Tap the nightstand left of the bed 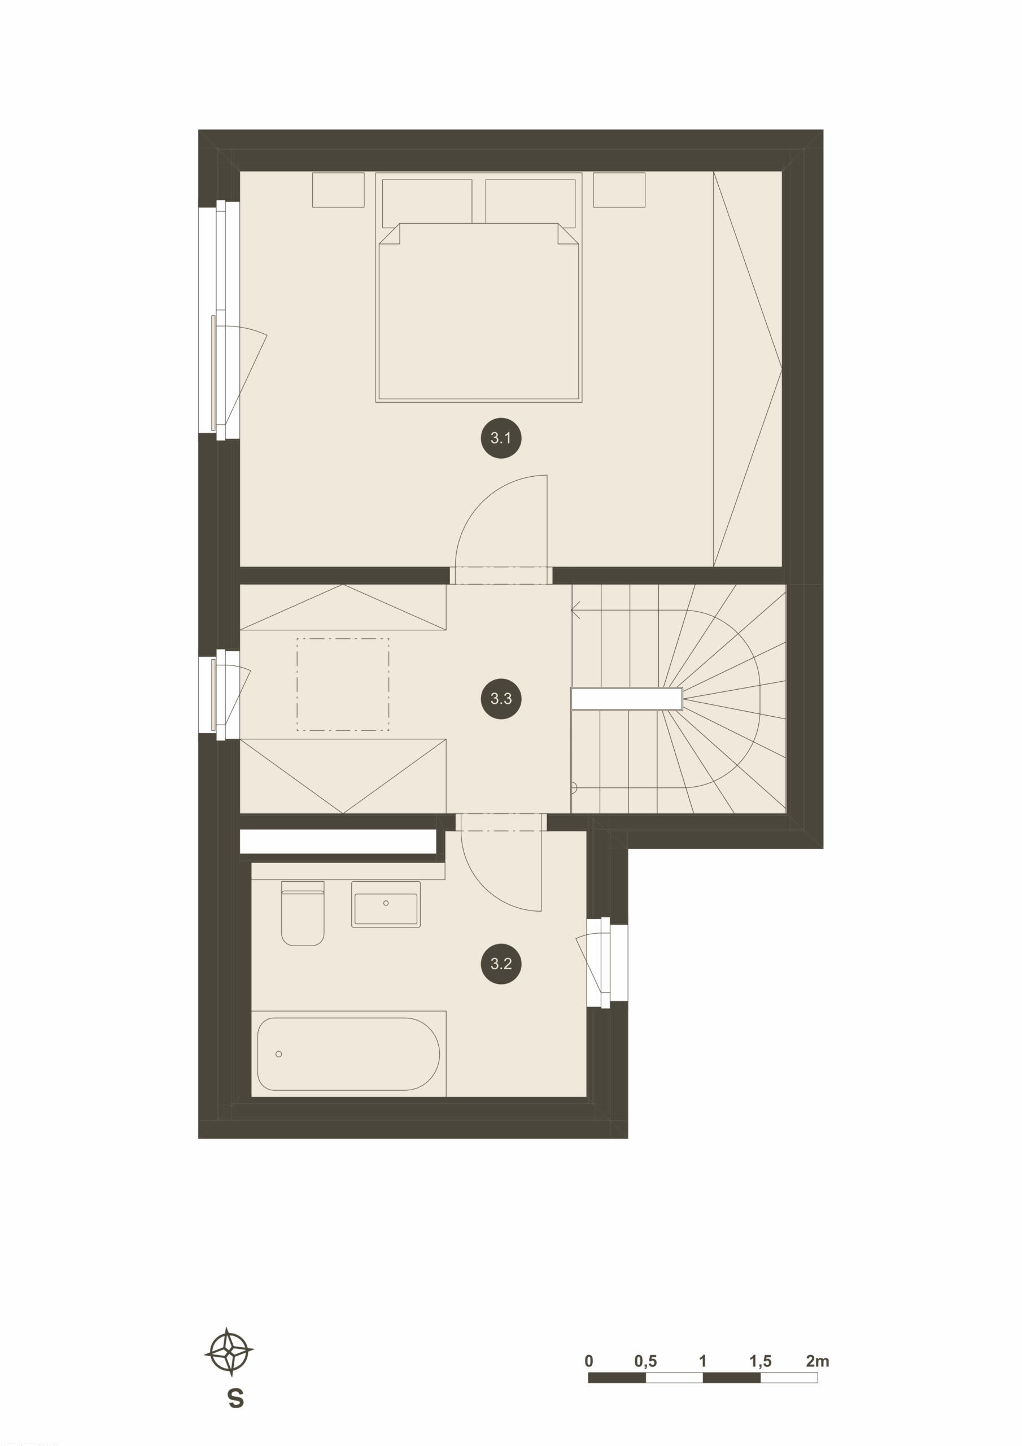pyautogui.click(x=338, y=190)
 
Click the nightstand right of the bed pyautogui.click(x=619, y=190)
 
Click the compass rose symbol pyautogui.click(x=229, y=1352)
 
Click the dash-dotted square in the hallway pyautogui.click(x=343, y=685)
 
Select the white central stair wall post pyautogui.click(x=627, y=699)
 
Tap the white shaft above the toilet pyautogui.click(x=338, y=842)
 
